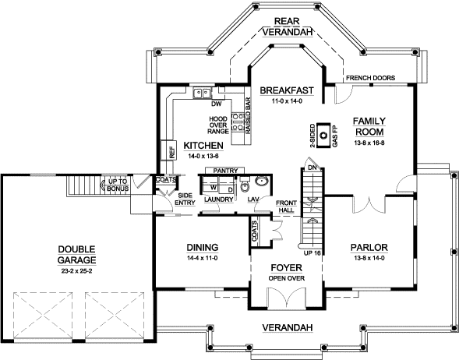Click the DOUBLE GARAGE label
(x=76, y=256)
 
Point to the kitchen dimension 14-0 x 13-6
(x=203, y=157)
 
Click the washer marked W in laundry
(x=212, y=187)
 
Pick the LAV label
(x=253, y=199)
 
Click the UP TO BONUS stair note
(x=118, y=185)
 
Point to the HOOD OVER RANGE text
(x=217, y=125)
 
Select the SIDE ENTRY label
(x=185, y=199)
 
